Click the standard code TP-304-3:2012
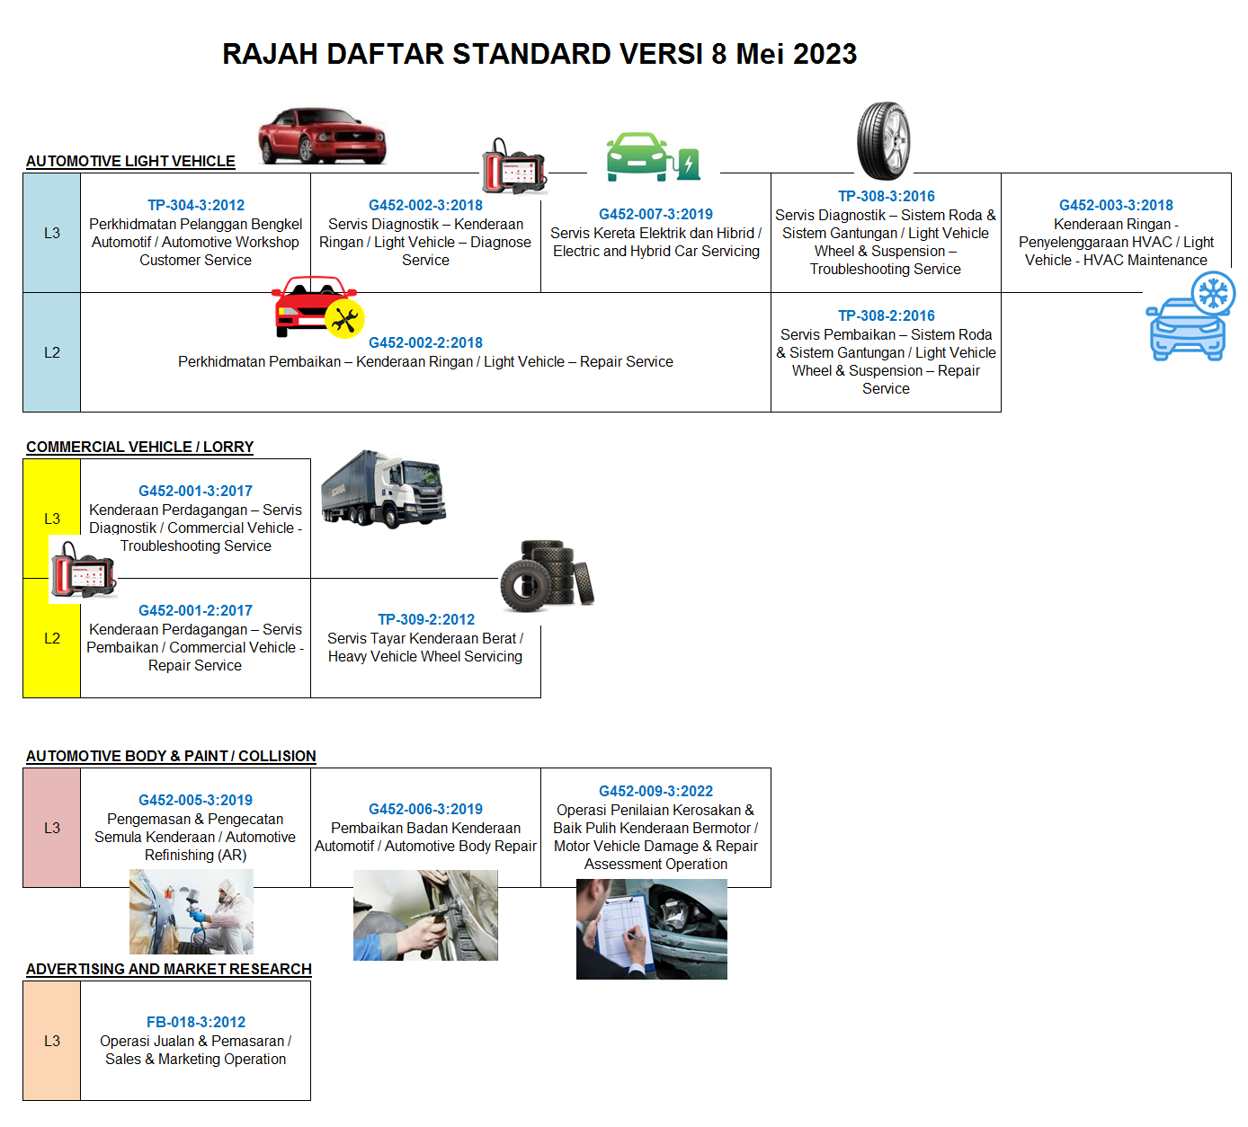pyautogui.click(x=196, y=205)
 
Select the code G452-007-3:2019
pyautogui.click(x=655, y=215)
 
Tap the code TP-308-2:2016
pyautogui.click(x=886, y=316)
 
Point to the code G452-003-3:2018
pyautogui.click(x=1116, y=205)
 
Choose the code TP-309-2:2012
pyautogui.click(x=426, y=619)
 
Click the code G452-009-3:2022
pyautogui.click(x=655, y=791)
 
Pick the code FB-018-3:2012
pyautogui.click(x=196, y=1022)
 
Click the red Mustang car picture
pyautogui.click(x=322, y=136)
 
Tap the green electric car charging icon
pyautogui.click(x=654, y=156)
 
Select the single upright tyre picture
pyautogui.click(x=884, y=141)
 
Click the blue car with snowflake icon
pyautogui.click(x=1190, y=316)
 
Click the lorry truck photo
pyautogui.click(x=383, y=490)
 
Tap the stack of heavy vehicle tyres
pyautogui.click(x=548, y=575)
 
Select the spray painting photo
pyautogui.click(x=192, y=912)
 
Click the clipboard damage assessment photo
pyautogui.click(x=651, y=929)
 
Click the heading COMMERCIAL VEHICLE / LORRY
pyautogui.click(x=140, y=448)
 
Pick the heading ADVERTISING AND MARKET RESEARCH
pyautogui.click(x=169, y=969)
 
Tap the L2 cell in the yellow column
pyautogui.click(x=52, y=638)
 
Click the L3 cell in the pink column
pyautogui.click(x=52, y=828)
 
